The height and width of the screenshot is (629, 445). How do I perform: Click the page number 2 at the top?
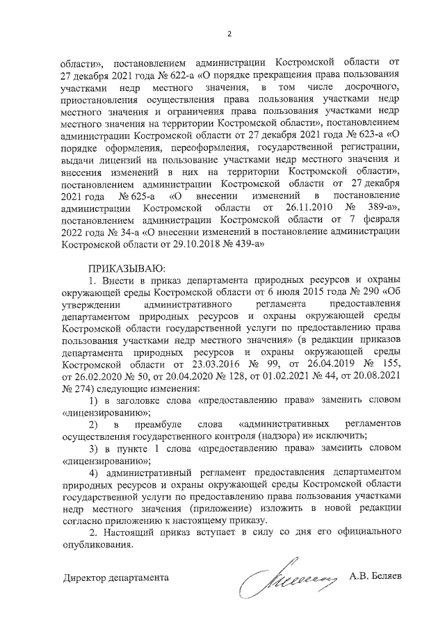[229, 34]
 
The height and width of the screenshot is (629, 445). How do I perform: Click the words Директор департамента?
[114, 578]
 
